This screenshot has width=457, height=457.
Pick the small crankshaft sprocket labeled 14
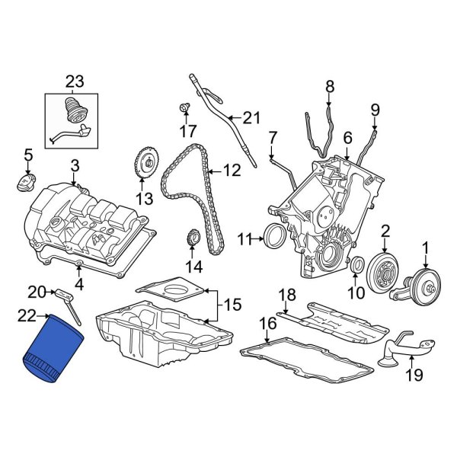pyautogui.click(x=194, y=241)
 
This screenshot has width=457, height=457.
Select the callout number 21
pyautogui.click(x=251, y=117)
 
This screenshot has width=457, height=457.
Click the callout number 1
pyautogui.click(x=426, y=247)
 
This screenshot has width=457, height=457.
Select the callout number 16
pyautogui.click(x=267, y=324)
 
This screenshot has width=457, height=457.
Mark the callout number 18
pyautogui.click(x=286, y=296)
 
